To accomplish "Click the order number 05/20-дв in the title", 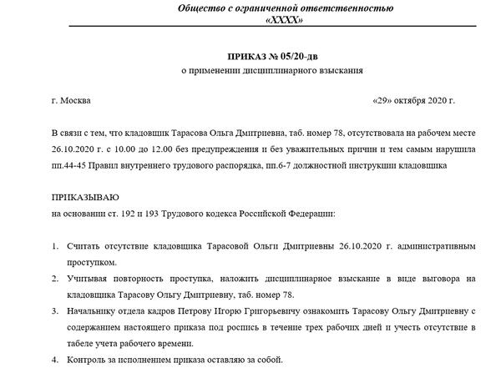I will pyautogui.click(x=284, y=55).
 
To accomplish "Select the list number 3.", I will pyautogui.click(x=53, y=310).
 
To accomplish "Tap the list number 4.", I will pyautogui.click(x=53, y=359).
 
